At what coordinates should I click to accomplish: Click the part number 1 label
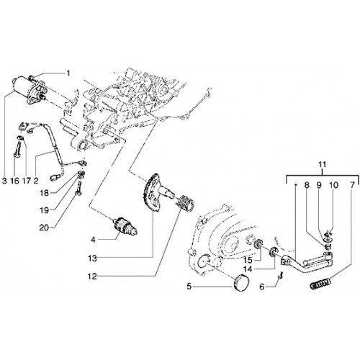pyautogui.click(x=68, y=73)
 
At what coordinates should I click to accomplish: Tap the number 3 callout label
pyautogui.click(x=4, y=181)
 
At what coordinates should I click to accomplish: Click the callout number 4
pyautogui.click(x=93, y=240)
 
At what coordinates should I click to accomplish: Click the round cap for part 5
pyautogui.click(x=241, y=283)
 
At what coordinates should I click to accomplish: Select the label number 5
pyautogui.click(x=189, y=287)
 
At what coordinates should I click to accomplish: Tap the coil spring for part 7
pyautogui.click(x=320, y=284)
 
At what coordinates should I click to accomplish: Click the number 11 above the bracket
pyautogui.click(x=323, y=165)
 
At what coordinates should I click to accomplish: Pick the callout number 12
pyautogui.click(x=92, y=276)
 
